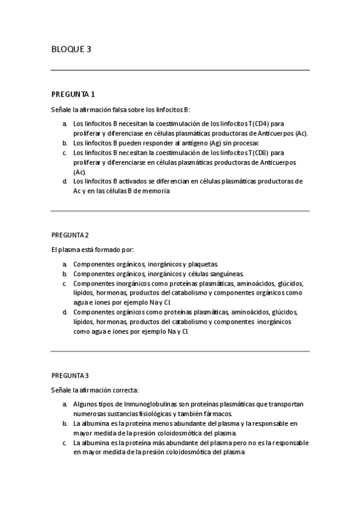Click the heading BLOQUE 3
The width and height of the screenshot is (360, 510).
[71, 49]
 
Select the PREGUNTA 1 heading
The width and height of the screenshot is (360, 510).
[73, 94]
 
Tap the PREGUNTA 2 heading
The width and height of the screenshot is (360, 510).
[70, 235]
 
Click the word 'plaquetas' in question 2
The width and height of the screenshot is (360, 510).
[203, 264]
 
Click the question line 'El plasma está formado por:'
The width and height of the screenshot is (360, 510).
[92, 249]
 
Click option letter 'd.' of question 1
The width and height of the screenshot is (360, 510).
[64, 181]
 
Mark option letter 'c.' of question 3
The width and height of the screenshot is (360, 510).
[64, 443]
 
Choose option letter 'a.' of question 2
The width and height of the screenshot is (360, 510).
[64, 264]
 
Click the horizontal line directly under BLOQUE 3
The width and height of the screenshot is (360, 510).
[180, 70]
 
